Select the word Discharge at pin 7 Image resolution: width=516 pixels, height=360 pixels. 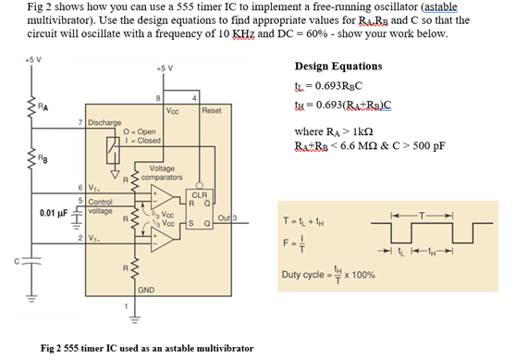[108, 121]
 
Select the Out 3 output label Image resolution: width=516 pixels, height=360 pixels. [227, 218]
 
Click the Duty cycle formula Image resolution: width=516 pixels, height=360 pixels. [329, 275]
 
